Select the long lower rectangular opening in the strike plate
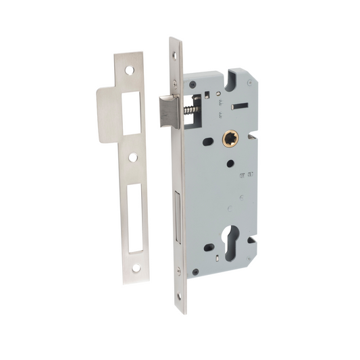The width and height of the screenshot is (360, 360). pyautogui.click(x=134, y=213)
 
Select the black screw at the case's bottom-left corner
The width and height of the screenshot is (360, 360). pyautogui.click(x=195, y=272)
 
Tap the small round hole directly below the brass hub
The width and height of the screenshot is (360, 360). pyautogui.click(x=231, y=162)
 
